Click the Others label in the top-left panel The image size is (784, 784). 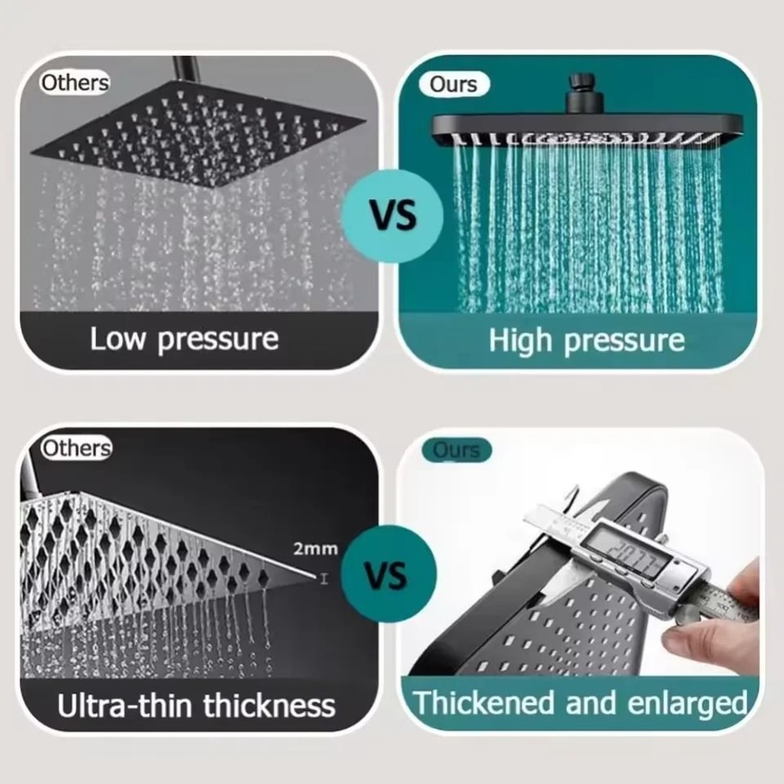[74, 82]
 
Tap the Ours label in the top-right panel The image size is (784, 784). [453, 85]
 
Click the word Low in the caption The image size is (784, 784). [119, 339]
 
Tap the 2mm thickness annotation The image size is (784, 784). [315, 549]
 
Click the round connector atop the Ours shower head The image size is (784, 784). [581, 84]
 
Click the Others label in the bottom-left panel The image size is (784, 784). [76, 448]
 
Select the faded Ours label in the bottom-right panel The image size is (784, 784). [456, 450]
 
